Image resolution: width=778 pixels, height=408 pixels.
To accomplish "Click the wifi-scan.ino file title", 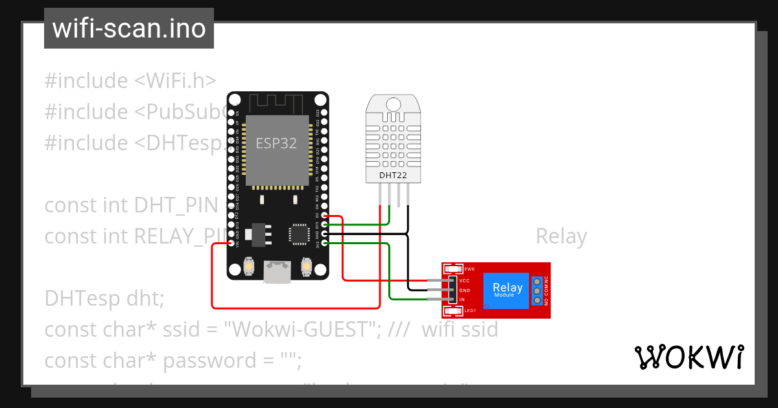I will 128,28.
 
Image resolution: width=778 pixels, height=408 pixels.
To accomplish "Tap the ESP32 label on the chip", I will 276,143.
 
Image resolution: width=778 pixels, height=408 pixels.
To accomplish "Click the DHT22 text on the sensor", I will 392,175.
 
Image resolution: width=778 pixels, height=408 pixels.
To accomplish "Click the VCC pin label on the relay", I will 464,280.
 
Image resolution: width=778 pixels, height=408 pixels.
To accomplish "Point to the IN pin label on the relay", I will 462,300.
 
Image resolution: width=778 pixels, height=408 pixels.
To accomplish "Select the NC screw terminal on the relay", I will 537,281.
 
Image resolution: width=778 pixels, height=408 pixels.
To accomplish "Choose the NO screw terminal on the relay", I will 537,300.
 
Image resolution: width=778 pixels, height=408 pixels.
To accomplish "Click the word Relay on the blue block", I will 507,287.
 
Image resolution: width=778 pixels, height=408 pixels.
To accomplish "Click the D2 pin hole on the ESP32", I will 324,217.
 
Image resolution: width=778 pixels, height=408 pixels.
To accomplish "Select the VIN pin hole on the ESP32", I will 232,244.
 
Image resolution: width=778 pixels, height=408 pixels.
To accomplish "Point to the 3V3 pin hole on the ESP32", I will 324,244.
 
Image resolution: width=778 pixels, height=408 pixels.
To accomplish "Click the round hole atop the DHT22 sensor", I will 392,104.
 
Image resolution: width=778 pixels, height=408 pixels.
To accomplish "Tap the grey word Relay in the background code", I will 561,237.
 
